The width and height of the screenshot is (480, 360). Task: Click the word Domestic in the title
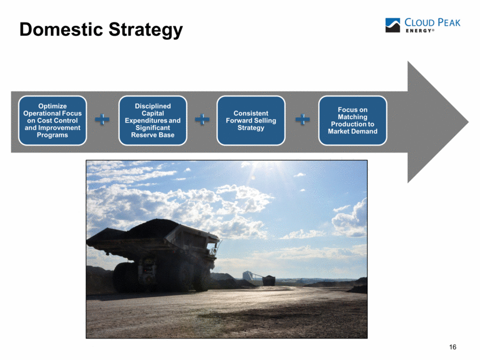[x=61, y=29]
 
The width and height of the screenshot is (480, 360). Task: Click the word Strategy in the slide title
[x=146, y=30]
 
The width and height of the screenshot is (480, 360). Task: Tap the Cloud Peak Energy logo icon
[x=393, y=25]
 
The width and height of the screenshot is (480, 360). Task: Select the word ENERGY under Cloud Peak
[x=419, y=31]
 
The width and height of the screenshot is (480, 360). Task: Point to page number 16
[x=452, y=347]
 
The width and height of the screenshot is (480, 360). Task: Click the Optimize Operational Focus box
[x=53, y=121]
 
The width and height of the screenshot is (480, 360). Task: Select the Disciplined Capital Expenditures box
[x=153, y=121]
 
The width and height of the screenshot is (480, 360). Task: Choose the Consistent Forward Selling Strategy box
[x=251, y=121]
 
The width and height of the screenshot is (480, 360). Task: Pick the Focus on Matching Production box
[x=353, y=121]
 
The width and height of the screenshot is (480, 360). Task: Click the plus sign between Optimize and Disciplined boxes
[x=102, y=119]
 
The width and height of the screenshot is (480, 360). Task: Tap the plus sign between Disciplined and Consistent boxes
[x=202, y=119]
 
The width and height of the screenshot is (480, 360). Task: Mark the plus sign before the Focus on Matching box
[x=302, y=119]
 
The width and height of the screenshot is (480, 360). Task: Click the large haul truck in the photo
[x=153, y=255]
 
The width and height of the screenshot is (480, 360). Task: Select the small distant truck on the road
[x=269, y=280]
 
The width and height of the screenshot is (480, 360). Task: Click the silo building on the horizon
[x=248, y=275]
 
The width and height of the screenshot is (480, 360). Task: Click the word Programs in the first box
[x=53, y=135]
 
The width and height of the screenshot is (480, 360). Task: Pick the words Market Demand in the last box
[x=353, y=131]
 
